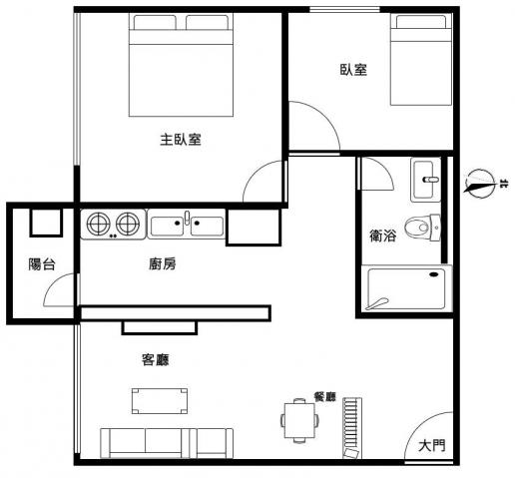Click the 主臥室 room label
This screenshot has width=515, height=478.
click(x=181, y=140)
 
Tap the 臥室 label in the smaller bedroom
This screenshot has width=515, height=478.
click(x=353, y=70)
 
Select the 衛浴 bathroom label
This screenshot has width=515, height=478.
click(x=383, y=236)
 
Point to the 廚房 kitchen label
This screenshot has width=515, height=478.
click(x=163, y=263)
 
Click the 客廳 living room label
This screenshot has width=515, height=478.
click(x=156, y=359)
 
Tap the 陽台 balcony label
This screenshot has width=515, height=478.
click(x=42, y=264)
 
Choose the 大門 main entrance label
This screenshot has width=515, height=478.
click(x=431, y=445)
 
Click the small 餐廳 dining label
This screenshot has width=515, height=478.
click(x=325, y=396)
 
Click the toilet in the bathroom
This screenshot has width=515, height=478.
click(x=423, y=228)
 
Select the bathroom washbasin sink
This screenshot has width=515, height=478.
click(x=425, y=180)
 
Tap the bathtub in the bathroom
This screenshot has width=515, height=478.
click(x=406, y=288)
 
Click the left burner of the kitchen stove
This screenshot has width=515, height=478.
click(x=99, y=224)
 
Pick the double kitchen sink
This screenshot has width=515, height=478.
click(x=187, y=224)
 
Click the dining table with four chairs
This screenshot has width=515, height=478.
click(x=299, y=420)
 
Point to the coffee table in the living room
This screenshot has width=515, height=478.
click(x=160, y=401)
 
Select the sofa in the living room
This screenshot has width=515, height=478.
click(x=167, y=443)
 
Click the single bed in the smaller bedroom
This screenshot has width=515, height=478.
click(x=421, y=59)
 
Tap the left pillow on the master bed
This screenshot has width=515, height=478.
click(x=155, y=22)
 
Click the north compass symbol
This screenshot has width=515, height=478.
click(x=481, y=184)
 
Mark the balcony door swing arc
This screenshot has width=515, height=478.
click(x=53, y=283)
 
